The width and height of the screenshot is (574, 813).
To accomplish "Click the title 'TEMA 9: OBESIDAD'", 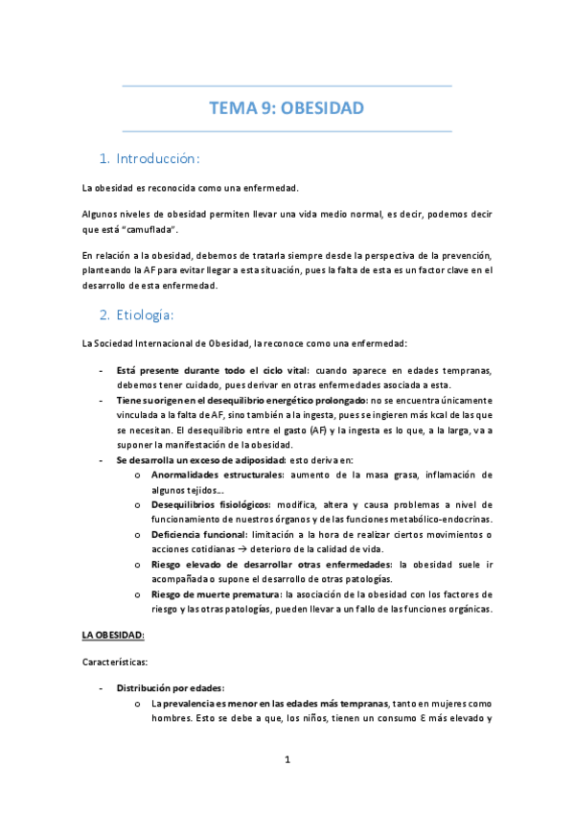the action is tap(287, 108).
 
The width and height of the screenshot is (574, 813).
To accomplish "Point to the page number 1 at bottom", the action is tap(287, 760).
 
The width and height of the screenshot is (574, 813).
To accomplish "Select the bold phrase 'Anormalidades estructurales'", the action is tap(217, 476).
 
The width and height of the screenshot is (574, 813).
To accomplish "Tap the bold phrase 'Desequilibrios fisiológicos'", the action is tap(211, 504).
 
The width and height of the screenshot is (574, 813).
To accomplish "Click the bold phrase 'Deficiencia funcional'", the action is tap(200, 534).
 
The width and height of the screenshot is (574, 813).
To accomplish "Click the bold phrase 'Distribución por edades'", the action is tap(171, 687).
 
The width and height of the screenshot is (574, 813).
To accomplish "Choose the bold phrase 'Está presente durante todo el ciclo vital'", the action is tap(206, 370).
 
